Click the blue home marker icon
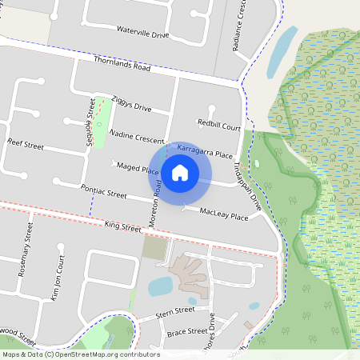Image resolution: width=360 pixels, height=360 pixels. pyautogui.click(x=180, y=173)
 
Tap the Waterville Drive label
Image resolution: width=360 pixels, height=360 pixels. pyautogui.click(x=143, y=35)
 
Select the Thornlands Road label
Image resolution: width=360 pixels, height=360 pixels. pyautogui.click(x=122, y=64)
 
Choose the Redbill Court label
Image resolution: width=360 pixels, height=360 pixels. pyautogui.click(x=219, y=126)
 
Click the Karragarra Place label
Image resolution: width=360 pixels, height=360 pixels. pyautogui.click(x=205, y=150)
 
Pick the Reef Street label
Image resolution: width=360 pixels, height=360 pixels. pyautogui.click(x=25, y=143)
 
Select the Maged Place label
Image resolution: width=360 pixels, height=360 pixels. pyautogui.click(x=137, y=168)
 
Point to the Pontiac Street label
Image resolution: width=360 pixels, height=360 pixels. pyautogui.click(x=104, y=191)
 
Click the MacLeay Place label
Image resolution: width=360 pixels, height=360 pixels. pyautogui.click(x=224, y=214)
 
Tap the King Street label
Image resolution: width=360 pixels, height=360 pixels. pyautogui.click(x=122, y=227)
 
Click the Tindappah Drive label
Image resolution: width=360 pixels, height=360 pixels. pyautogui.click(x=247, y=185)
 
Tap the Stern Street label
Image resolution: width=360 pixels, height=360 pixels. pyautogui.click(x=176, y=310)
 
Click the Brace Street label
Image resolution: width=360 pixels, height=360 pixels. pyautogui.click(x=187, y=331)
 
